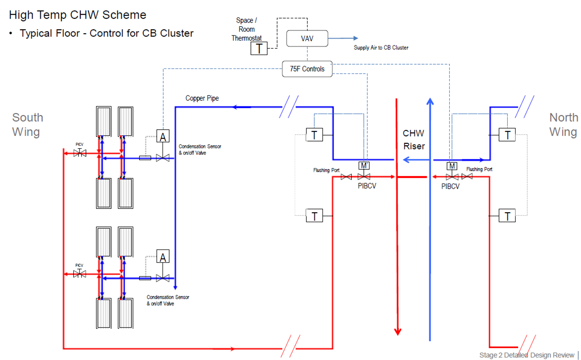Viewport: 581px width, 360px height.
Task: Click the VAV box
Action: coord(307,38)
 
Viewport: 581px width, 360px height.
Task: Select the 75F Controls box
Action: coord(307,69)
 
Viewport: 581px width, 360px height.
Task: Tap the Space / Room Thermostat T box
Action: coord(259,48)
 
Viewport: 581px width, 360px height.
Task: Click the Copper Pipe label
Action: coord(202,98)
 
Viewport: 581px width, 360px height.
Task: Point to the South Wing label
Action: coord(27,124)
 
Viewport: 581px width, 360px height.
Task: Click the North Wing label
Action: coord(563,124)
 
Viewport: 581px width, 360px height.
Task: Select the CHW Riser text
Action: coord(414,140)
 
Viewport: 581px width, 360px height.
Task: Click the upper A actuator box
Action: coord(163,136)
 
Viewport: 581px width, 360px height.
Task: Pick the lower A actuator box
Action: coord(163,257)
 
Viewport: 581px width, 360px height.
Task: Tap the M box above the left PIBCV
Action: coord(363,166)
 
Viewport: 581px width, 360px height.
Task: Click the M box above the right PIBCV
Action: coord(452,166)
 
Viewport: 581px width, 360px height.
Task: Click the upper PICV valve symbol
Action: coord(80,153)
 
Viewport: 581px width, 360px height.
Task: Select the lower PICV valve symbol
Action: coord(80,274)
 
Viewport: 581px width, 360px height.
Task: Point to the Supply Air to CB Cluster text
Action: coord(381,48)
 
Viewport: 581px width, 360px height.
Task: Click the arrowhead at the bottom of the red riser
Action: coord(398,331)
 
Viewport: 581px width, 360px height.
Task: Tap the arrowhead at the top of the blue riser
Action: coord(430,101)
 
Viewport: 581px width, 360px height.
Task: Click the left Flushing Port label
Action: coord(326,170)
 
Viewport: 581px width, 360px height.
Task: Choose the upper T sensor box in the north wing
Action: coord(507,135)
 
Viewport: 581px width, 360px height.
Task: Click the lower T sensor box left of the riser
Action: coord(314,216)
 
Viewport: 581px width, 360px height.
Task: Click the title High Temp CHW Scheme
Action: coord(78,15)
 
